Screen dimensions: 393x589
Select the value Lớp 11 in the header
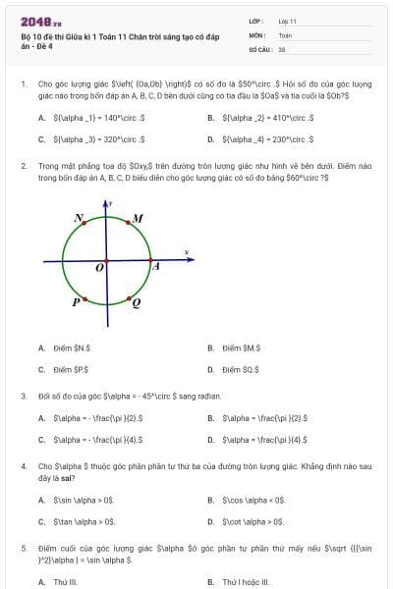coord(288,21)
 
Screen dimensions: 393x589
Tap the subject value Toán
coord(285,34)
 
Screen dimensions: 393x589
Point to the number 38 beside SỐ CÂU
coord(282,48)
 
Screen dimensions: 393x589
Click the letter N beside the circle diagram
coord(79,217)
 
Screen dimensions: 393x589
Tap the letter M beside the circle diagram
coord(138,217)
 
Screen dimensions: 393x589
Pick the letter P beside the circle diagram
coord(76,302)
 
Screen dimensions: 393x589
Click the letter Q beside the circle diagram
coord(136,303)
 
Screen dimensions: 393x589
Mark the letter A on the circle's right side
coord(155,266)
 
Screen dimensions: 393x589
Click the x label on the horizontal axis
coord(186,253)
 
